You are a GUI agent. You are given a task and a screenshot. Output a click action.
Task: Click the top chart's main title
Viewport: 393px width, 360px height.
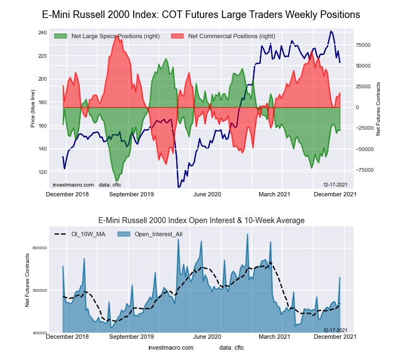tap(201, 15)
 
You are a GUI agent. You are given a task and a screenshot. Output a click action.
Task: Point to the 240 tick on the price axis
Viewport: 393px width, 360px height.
tap(43, 33)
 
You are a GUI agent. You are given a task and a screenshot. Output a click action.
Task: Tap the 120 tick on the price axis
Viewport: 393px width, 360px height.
tap(43, 172)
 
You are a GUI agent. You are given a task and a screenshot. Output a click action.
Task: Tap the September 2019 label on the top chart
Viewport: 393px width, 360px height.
tap(132, 194)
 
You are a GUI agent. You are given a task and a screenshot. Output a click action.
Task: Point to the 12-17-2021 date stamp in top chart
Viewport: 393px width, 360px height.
tap(335, 185)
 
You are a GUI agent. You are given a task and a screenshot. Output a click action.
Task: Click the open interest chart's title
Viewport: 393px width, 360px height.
tap(201, 220)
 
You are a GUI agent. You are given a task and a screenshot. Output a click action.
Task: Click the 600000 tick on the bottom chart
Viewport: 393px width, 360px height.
tap(39, 248)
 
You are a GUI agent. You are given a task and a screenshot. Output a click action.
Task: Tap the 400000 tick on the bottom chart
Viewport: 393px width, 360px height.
tap(39, 333)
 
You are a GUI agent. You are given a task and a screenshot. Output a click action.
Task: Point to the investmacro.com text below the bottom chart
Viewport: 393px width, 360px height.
tap(171, 347)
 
